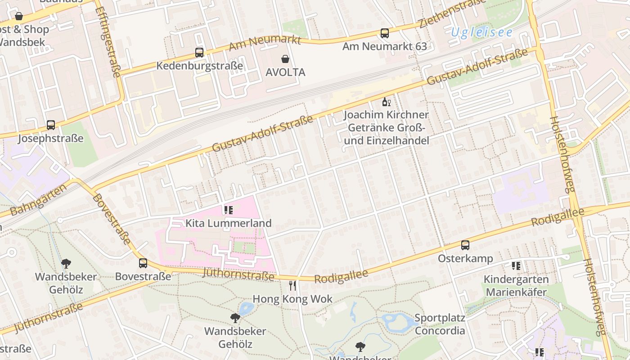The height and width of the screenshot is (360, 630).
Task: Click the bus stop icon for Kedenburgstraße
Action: point(199,53)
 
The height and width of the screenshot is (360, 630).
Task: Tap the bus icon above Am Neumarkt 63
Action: point(384,33)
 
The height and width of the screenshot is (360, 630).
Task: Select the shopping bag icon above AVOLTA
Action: point(285,59)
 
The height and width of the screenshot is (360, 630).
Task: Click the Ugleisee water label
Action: point(481,32)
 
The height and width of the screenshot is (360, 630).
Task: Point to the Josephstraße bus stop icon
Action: point(51,125)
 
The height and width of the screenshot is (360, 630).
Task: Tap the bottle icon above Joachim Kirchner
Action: point(386,102)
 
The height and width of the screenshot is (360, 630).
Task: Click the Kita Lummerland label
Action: point(229,223)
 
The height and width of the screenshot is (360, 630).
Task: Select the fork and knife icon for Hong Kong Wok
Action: point(292,286)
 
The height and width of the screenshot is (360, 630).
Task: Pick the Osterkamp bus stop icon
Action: point(465,245)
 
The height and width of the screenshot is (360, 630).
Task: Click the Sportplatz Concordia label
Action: point(440,324)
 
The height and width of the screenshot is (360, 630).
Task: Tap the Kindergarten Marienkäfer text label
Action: point(516,285)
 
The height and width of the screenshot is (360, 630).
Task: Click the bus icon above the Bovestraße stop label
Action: point(143,263)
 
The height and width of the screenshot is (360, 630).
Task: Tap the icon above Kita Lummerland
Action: point(228,210)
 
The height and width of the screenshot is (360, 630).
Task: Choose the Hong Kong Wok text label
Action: point(292,299)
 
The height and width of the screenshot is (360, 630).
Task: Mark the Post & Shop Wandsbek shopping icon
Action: point(19,17)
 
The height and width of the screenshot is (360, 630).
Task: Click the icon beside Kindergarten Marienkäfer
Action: point(516,266)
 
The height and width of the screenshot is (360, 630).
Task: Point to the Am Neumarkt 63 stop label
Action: point(384,46)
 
